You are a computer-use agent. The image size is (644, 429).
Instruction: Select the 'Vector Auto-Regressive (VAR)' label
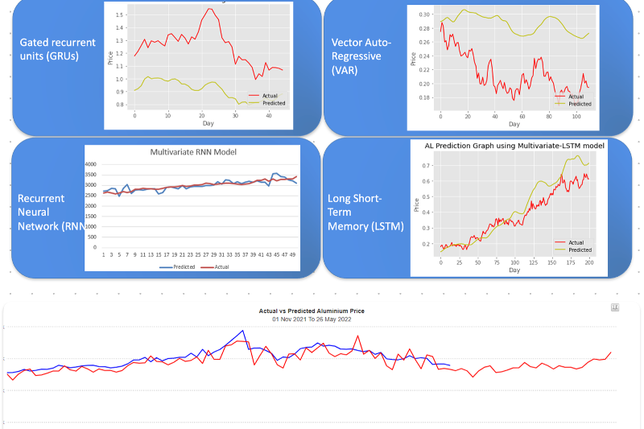(x=361, y=56)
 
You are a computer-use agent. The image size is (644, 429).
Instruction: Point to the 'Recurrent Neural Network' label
(x=50, y=212)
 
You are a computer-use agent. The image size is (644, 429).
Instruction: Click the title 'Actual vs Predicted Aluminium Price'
(x=321, y=310)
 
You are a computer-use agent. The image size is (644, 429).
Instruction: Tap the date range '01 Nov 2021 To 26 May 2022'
(x=321, y=319)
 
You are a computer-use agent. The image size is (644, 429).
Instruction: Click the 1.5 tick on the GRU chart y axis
(x=120, y=15)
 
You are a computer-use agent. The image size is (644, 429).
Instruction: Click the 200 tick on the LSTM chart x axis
(x=589, y=262)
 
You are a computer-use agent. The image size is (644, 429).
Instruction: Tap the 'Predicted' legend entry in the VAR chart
(x=580, y=104)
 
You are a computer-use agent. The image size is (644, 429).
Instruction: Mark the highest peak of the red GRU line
(x=210, y=9)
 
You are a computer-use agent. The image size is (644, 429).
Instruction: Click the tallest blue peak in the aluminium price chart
(x=242, y=330)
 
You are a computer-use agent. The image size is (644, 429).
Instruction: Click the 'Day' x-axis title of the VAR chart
(x=514, y=124)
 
